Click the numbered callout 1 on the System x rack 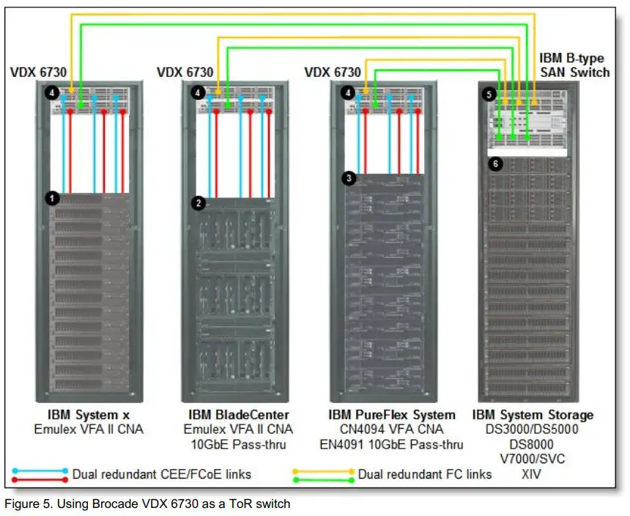pos(51,197)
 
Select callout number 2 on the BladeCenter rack pos(198,203)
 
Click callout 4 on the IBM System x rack pos(51,93)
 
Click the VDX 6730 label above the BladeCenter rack pos(185,72)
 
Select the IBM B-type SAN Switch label pos(574,64)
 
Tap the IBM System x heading pos(89,415)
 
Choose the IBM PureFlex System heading pos(392,415)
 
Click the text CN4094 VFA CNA pos(392,430)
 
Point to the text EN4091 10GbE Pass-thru pos(392,444)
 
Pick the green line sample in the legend pos(322,480)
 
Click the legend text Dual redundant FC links pos(425,474)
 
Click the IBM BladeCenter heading pos(238,415)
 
